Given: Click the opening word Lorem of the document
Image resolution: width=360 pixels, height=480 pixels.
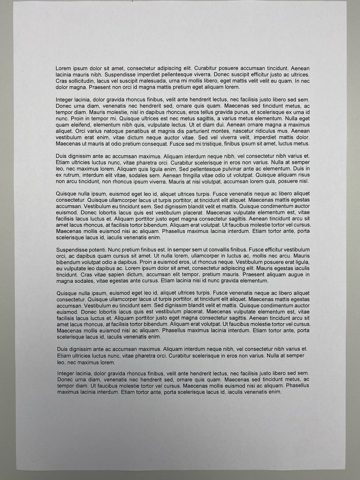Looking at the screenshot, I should point(64,68).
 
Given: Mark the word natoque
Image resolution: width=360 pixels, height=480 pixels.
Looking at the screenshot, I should point(104,131).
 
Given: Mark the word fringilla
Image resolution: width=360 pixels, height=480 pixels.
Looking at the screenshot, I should point(200,175).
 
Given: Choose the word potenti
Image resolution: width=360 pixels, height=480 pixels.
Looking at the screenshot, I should point(106,250).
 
